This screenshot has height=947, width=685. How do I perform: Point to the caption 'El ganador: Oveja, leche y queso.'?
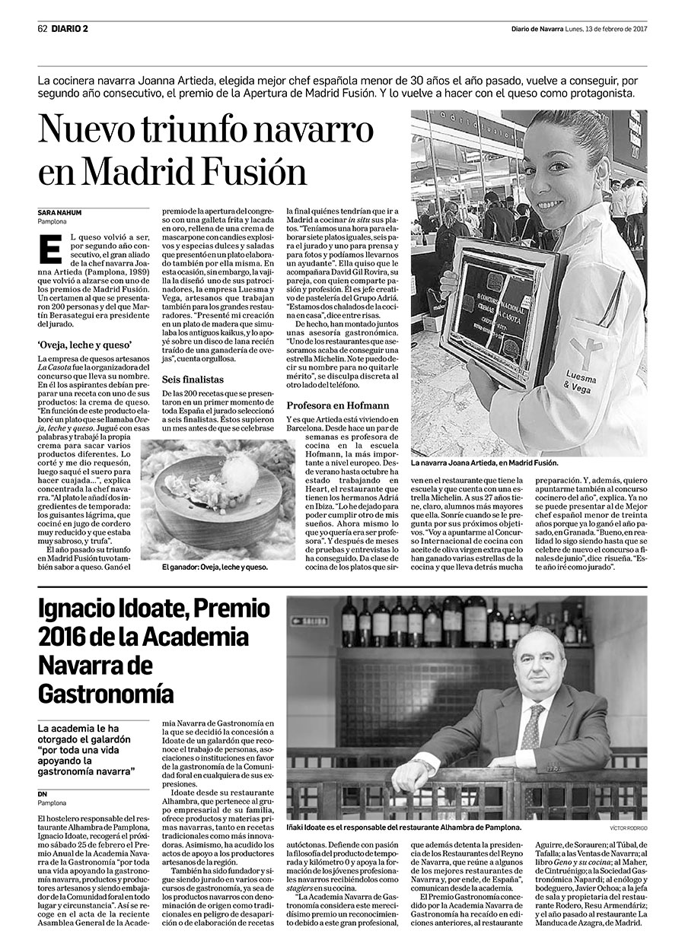tap(215, 567)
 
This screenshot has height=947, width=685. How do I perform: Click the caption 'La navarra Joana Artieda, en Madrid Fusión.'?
tap(484, 462)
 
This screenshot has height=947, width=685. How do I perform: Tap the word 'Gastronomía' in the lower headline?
tap(106, 693)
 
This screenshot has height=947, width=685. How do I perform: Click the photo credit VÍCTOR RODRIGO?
tap(628, 828)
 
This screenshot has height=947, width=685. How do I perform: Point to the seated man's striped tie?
tap(530, 727)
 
